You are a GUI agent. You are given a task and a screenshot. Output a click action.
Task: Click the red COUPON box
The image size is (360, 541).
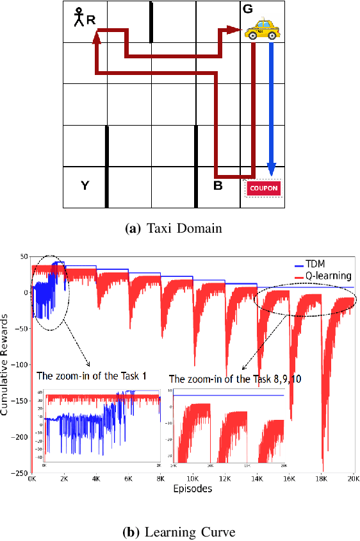(x=263, y=188)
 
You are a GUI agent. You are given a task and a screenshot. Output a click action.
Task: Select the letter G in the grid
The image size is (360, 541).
(x=247, y=9)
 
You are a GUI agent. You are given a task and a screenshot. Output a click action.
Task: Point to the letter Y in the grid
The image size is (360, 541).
(x=85, y=186)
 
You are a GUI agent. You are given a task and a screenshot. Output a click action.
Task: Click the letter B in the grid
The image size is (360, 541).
(x=217, y=186)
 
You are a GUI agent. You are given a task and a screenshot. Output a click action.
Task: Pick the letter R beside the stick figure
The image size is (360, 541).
(x=91, y=20)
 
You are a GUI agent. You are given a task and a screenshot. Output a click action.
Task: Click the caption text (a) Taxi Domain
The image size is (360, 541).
(x=181, y=229)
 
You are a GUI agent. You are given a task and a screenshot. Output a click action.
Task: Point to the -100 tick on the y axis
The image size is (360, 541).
(x=19, y=365)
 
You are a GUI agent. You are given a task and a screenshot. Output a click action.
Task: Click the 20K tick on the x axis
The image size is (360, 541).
(x=353, y=479)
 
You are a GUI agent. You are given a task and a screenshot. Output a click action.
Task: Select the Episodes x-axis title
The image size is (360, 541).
(x=193, y=488)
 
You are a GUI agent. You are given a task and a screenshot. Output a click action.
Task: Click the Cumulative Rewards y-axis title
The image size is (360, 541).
(x=6, y=365)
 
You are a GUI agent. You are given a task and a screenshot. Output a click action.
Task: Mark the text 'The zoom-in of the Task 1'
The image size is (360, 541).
(x=92, y=375)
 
